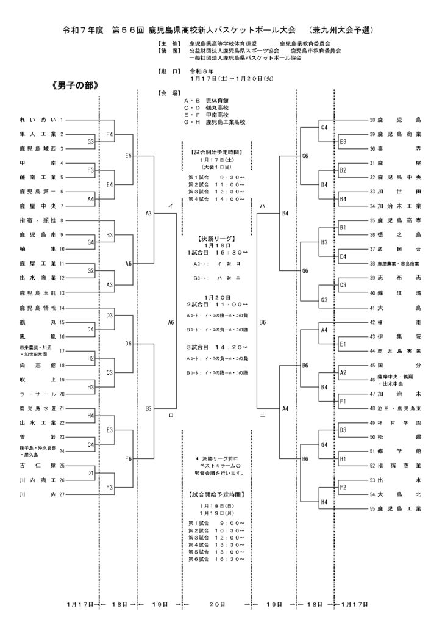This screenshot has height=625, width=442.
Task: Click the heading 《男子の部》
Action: [x=75, y=85]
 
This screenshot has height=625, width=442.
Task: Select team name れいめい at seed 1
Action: [x=38, y=120]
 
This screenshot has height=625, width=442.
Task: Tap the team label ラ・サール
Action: [x=38, y=394]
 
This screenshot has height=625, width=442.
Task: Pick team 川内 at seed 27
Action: [x=38, y=494]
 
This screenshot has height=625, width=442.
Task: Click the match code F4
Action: [x=110, y=134]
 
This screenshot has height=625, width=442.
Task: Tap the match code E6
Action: [x=129, y=156]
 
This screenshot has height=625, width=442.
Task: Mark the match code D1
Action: [x=90, y=472]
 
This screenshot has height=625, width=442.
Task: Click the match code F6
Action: [x=129, y=458]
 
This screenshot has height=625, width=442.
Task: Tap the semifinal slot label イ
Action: [x=171, y=206]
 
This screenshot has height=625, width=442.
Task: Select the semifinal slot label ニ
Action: [x=262, y=415]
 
